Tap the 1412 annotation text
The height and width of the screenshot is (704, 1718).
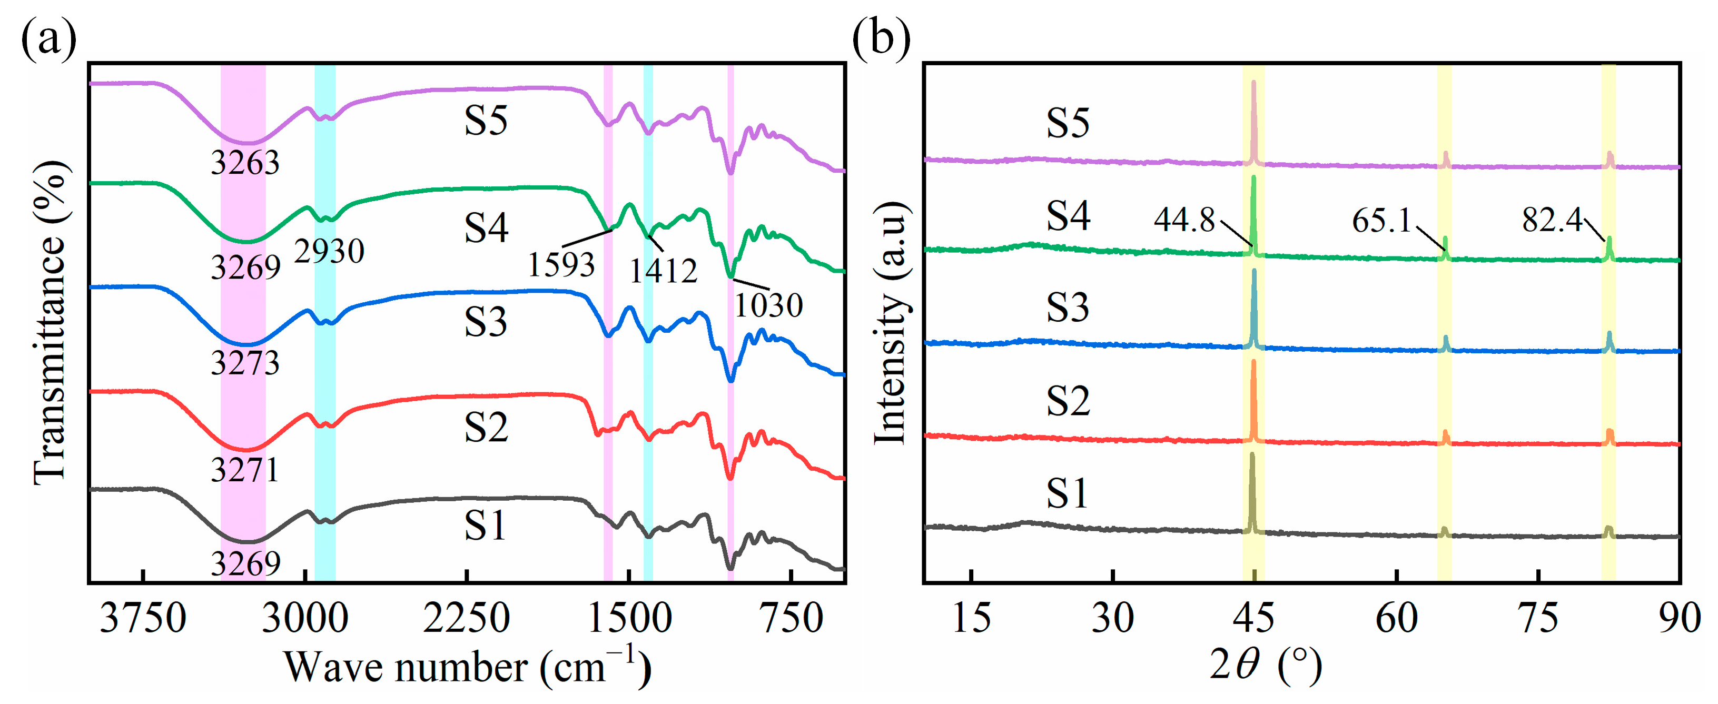point(663,271)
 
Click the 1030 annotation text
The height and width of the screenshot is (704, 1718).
point(768,306)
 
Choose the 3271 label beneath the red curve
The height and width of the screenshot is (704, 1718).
point(245,471)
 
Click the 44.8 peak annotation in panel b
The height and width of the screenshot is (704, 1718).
point(1184,220)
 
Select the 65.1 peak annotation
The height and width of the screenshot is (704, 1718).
point(1381,221)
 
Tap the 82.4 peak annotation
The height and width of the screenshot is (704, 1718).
point(1552,220)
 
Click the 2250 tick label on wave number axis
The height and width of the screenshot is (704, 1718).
point(466,619)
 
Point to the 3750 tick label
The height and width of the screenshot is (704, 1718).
point(143,619)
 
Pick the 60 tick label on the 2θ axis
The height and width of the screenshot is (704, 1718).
point(1396,619)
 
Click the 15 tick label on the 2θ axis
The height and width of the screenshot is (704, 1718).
point(971,619)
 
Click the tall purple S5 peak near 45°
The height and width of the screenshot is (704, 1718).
point(1254,120)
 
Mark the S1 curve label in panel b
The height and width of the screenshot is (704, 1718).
point(1067,494)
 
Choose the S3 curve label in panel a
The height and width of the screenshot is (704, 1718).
point(486,323)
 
